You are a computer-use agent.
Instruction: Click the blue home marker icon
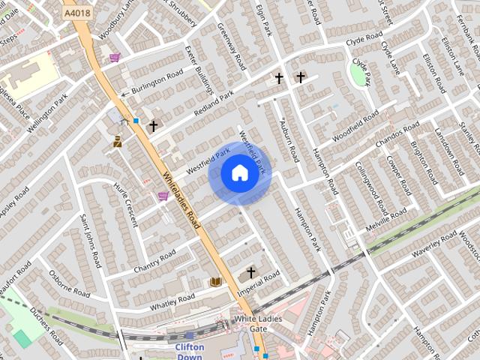[239, 173]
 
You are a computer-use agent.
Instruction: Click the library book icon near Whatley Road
[216, 281]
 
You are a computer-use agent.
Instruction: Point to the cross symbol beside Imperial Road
[250, 272]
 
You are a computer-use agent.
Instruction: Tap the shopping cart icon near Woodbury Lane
[114, 57]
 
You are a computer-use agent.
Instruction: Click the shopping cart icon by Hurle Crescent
[163, 196]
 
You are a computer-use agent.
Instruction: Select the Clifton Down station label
[190, 352]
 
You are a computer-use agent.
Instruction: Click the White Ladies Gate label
[250, 324]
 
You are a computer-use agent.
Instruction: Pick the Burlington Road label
[157, 83]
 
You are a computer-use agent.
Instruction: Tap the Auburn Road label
[289, 139]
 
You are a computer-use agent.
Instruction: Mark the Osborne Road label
[70, 280]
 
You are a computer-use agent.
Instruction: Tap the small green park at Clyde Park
[358, 73]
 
